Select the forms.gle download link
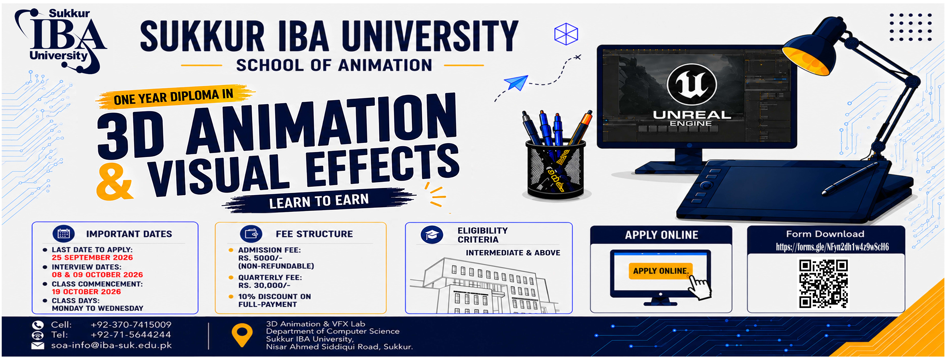pyautogui.click(x=832, y=247)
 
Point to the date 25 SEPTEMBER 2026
pyautogui.click(x=92, y=258)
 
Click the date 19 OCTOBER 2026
pyautogui.click(x=86, y=292)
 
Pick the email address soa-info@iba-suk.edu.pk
pyautogui.click(x=111, y=345)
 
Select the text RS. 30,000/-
pyautogui.click(x=264, y=285)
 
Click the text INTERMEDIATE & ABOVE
pyautogui.click(x=513, y=253)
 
